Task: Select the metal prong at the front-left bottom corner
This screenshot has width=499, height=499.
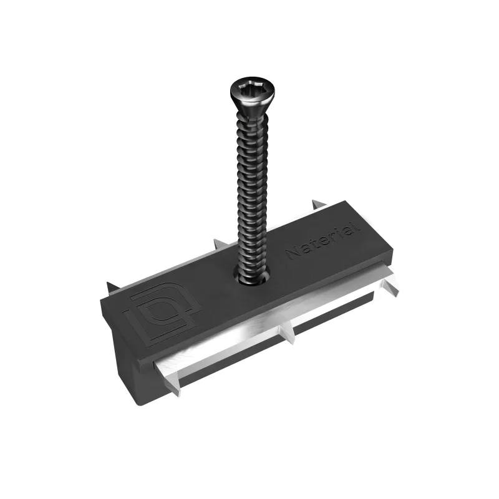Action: [174, 381]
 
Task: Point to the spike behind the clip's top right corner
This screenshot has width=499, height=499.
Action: [318, 204]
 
